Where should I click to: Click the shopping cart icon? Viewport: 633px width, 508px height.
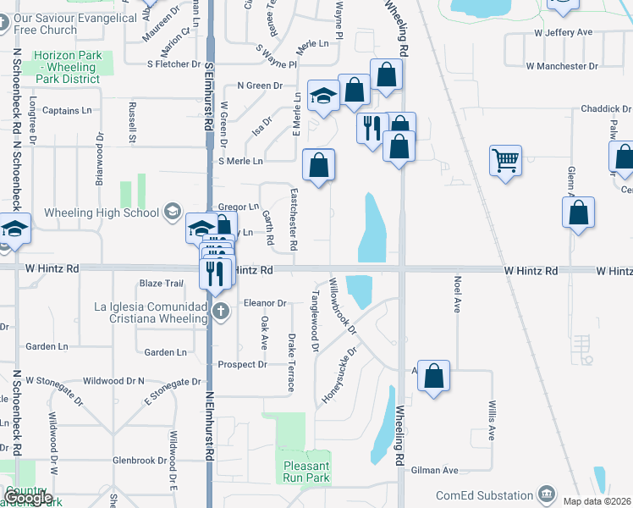click(505, 159)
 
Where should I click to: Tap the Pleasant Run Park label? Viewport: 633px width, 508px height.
click(305, 472)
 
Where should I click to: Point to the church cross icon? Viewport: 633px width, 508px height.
click(220, 310)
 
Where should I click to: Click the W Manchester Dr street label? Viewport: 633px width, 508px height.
click(561, 65)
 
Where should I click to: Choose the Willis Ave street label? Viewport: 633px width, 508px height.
click(491, 421)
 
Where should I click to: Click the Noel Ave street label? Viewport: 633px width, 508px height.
click(457, 294)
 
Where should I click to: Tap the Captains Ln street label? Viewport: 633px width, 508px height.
click(67, 111)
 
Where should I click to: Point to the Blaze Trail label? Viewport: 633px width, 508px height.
click(161, 284)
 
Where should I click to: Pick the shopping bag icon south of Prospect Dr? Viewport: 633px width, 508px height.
click(433, 377)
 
